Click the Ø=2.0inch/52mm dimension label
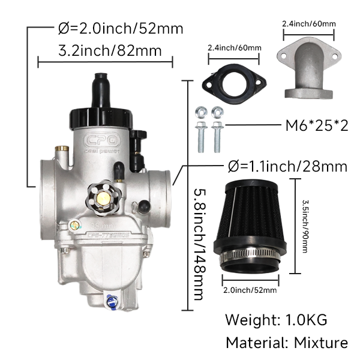point(120,28)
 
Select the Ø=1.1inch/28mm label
point(287,165)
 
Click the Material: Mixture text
point(286,343)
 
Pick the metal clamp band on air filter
point(248,260)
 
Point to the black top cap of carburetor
point(100,112)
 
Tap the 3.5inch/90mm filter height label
point(304,226)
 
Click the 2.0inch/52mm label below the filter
point(250,290)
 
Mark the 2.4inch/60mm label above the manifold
point(308,24)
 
